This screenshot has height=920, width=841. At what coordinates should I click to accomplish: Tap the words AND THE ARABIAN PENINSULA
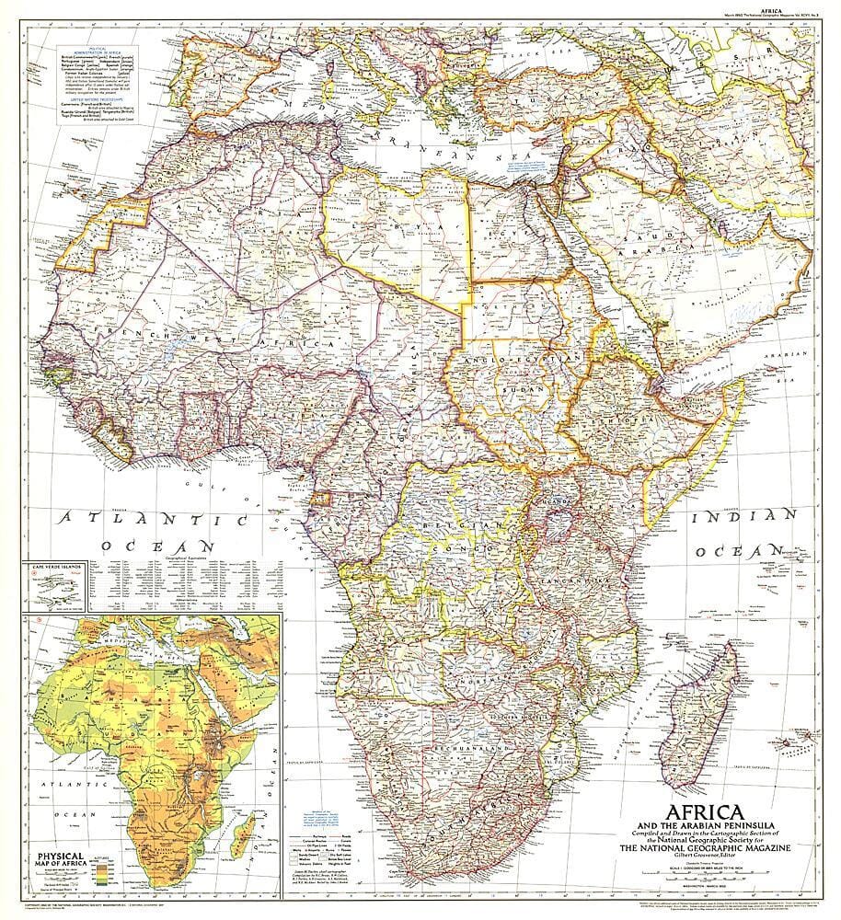click(699, 812)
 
